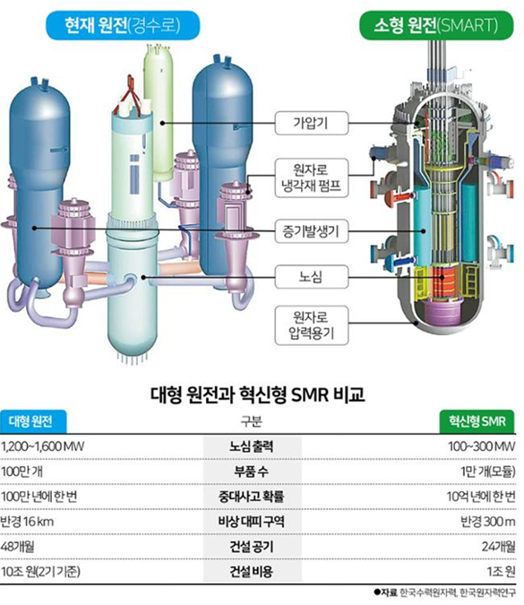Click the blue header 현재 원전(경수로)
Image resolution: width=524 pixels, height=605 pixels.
tap(123, 25)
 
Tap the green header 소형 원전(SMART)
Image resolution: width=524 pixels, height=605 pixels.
tap(436, 25)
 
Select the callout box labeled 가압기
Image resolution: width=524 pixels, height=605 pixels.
tap(312, 123)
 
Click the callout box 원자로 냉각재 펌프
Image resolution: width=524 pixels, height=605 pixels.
tap(312, 177)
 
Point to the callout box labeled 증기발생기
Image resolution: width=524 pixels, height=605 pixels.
tap(312, 231)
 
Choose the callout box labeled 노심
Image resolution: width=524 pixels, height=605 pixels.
tap(312, 277)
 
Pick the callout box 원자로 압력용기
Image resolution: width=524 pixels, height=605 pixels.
tap(312, 325)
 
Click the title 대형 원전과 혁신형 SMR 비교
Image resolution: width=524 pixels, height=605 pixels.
tap(258, 394)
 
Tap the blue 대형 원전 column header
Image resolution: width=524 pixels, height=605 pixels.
tap(33, 421)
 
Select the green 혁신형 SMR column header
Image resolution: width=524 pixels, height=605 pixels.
tap(477, 421)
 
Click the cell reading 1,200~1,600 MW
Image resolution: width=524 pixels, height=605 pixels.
tap(43, 447)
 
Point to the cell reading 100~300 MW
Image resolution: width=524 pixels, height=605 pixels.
tap(481, 447)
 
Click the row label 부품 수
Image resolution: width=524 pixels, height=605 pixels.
tap(252, 471)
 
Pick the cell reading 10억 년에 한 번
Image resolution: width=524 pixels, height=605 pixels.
tap(481, 497)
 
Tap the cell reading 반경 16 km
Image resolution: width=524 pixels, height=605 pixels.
tap(27, 522)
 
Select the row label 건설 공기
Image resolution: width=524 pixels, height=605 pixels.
tap(252, 547)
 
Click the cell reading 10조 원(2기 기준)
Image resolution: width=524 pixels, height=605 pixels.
tap(40, 572)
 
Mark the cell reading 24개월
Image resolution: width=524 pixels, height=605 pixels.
tap(498, 547)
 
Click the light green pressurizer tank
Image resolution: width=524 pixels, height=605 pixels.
tap(159, 113)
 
